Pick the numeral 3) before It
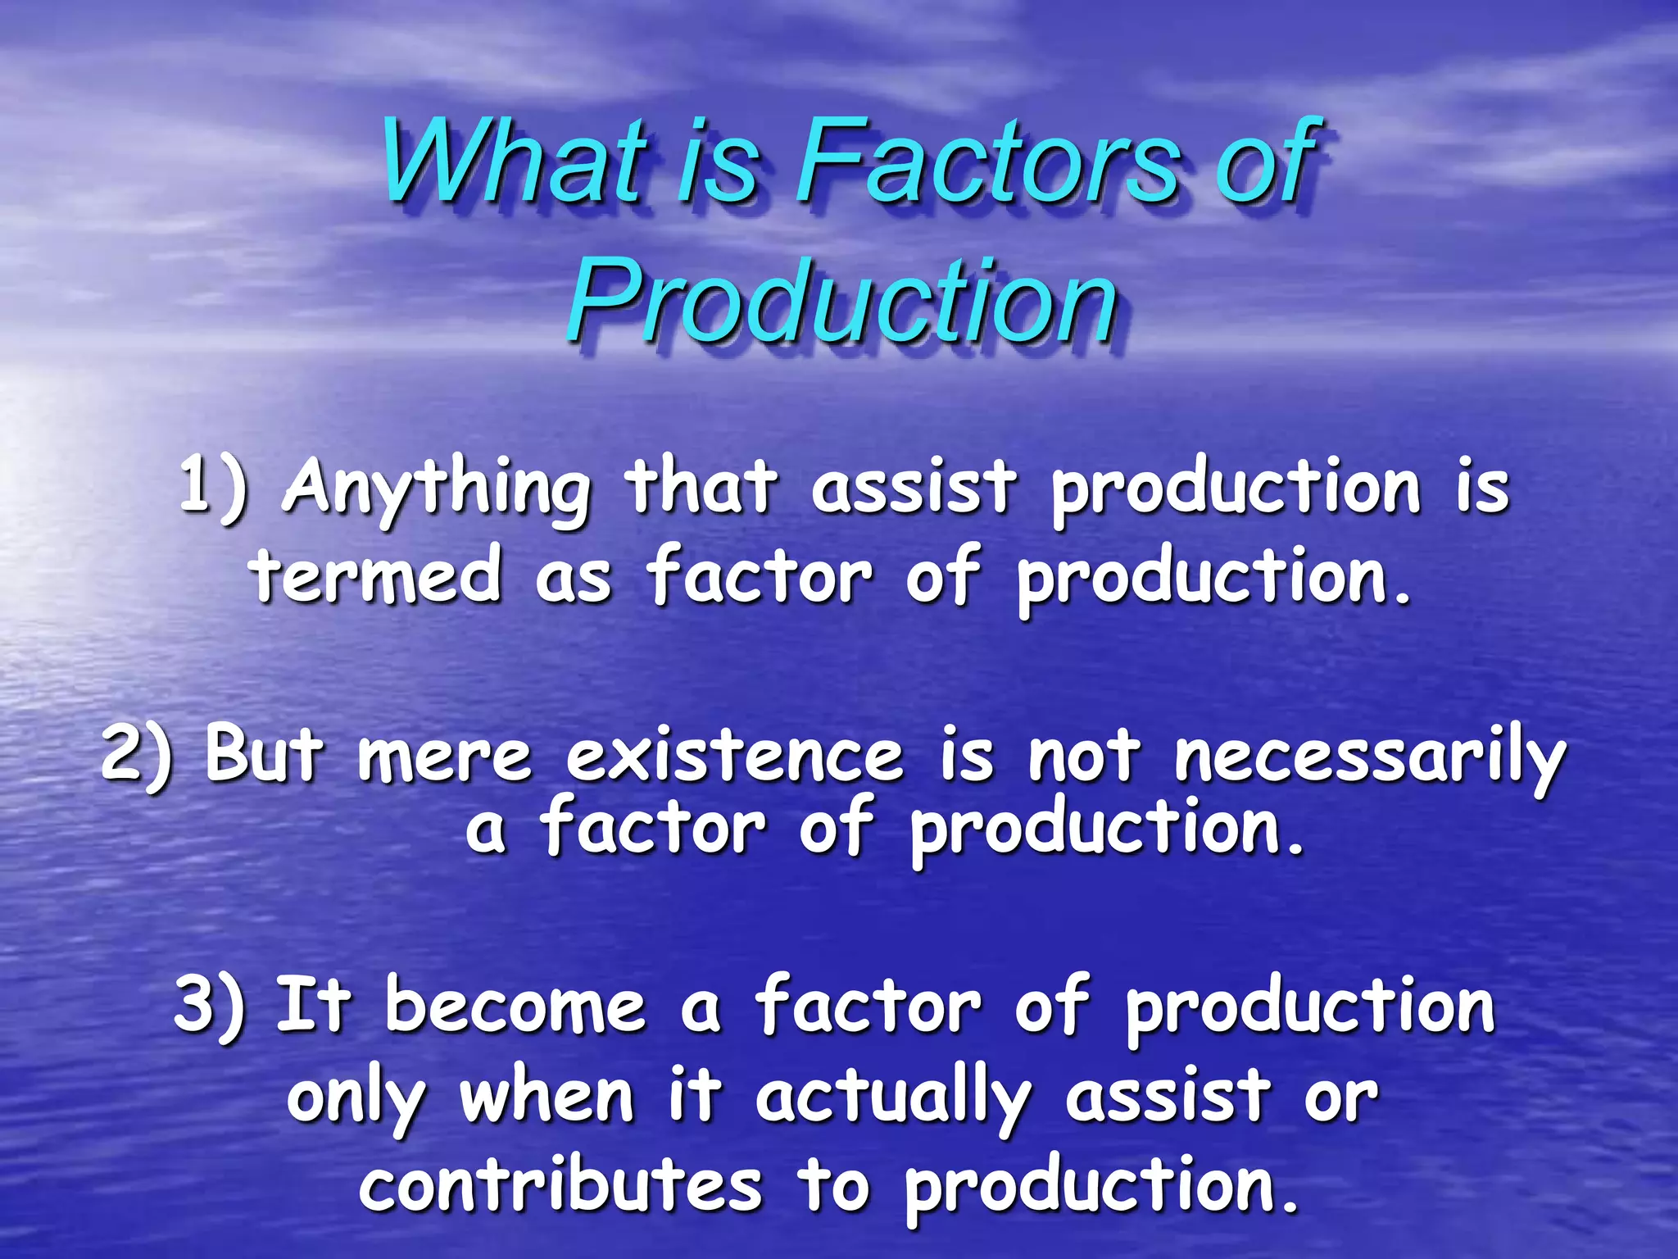tap(208, 1006)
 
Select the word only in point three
tap(357, 1098)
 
